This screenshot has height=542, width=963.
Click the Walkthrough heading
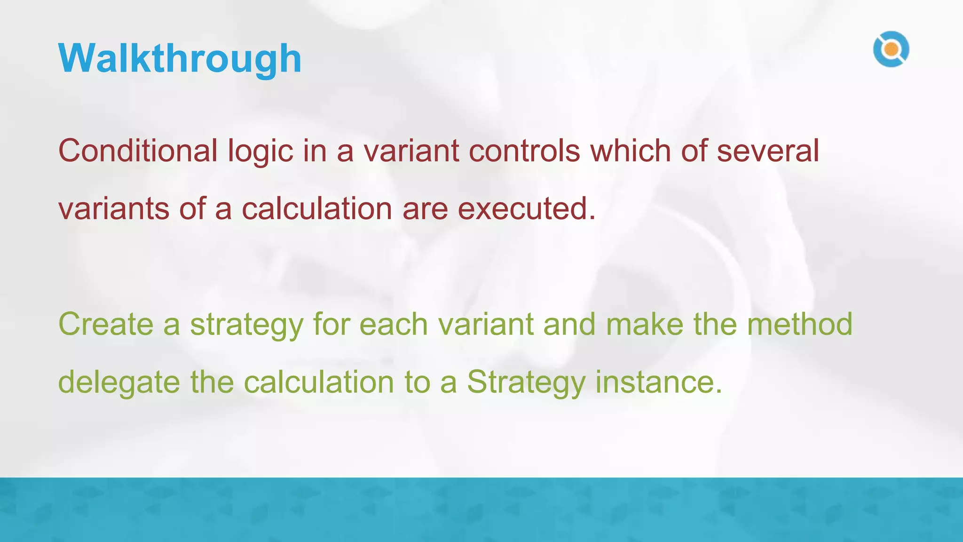click(x=180, y=59)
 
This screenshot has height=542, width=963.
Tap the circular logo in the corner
click(x=891, y=49)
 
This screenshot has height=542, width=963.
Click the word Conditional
click(x=138, y=151)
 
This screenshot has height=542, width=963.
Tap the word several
click(x=768, y=151)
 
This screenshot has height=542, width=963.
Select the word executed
click(x=526, y=209)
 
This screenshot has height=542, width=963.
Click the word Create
click(x=106, y=324)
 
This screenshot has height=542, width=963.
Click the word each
click(x=394, y=324)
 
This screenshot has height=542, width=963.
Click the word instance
click(x=658, y=382)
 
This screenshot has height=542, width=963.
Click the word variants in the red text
click(x=113, y=209)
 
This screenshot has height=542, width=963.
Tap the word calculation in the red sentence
click(x=317, y=209)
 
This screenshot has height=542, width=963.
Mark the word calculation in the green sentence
click(x=319, y=382)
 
